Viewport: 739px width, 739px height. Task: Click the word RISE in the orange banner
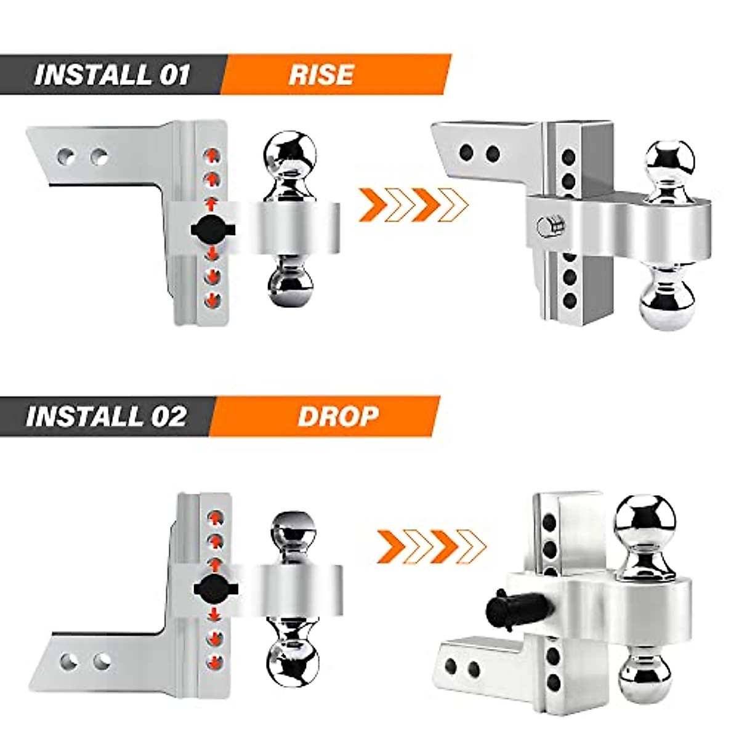pos(321,75)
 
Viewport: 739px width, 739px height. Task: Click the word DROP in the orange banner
pos(337,416)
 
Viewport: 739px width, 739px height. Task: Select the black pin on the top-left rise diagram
pos(213,229)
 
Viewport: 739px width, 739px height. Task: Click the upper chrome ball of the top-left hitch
pos(290,154)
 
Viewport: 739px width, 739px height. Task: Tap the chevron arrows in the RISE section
pos(413,205)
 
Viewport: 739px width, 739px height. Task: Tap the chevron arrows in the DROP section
pos(431,544)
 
